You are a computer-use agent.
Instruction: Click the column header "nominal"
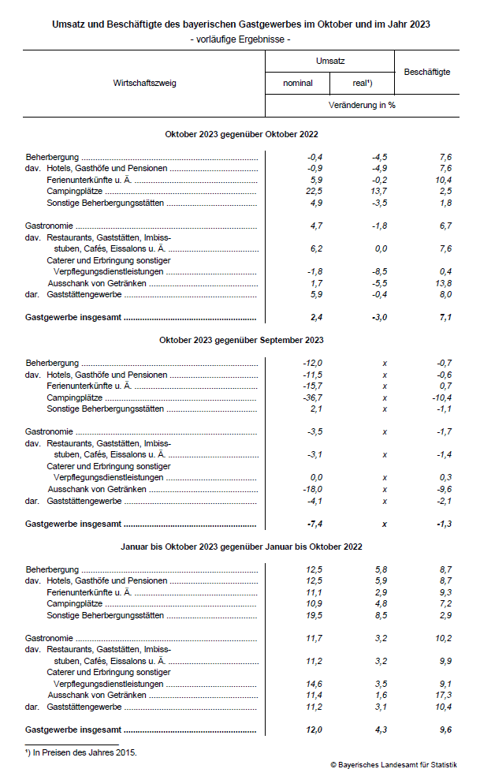pyautogui.click(x=298, y=83)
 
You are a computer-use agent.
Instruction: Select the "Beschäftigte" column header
pyautogui.click(x=426, y=72)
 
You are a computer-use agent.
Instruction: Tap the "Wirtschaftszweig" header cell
pyautogui.click(x=144, y=83)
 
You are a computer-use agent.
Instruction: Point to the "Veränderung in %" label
pyautogui.click(x=362, y=105)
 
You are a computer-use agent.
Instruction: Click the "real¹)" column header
pyautogui.click(x=362, y=83)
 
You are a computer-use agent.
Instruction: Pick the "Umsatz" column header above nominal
pyautogui.click(x=330, y=61)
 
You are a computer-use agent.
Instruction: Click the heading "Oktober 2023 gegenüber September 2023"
pyautogui.click(x=241, y=340)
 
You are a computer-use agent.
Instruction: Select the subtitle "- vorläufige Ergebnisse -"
pyautogui.click(x=241, y=39)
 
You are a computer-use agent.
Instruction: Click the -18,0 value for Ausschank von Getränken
pyautogui.click(x=314, y=489)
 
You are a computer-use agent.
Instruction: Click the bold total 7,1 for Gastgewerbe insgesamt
pyautogui.click(x=444, y=318)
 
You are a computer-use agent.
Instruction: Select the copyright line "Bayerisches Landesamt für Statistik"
pyautogui.click(x=393, y=765)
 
